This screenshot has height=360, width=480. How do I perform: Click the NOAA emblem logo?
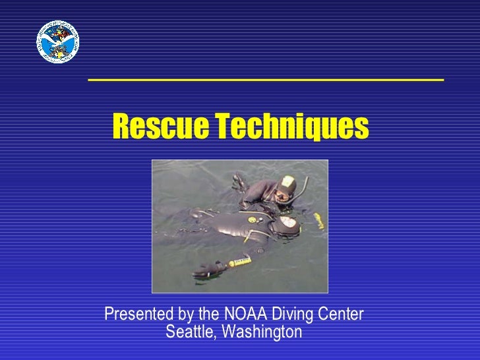pyautogui.click(x=57, y=42)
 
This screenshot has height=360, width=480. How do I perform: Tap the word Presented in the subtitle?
pyautogui.click(x=136, y=315)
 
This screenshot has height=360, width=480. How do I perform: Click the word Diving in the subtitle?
pyautogui.click(x=295, y=315)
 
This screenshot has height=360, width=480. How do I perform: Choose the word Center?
pyautogui.click(x=342, y=315)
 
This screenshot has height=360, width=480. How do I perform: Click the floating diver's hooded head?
pyautogui.click(x=289, y=225)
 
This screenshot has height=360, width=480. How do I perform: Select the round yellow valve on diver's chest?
pyautogui.click(x=251, y=220)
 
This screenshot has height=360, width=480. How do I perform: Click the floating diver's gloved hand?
pyautogui.click(x=206, y=270)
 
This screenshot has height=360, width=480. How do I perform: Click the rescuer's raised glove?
pyautogui.click(x=239, y=179)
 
